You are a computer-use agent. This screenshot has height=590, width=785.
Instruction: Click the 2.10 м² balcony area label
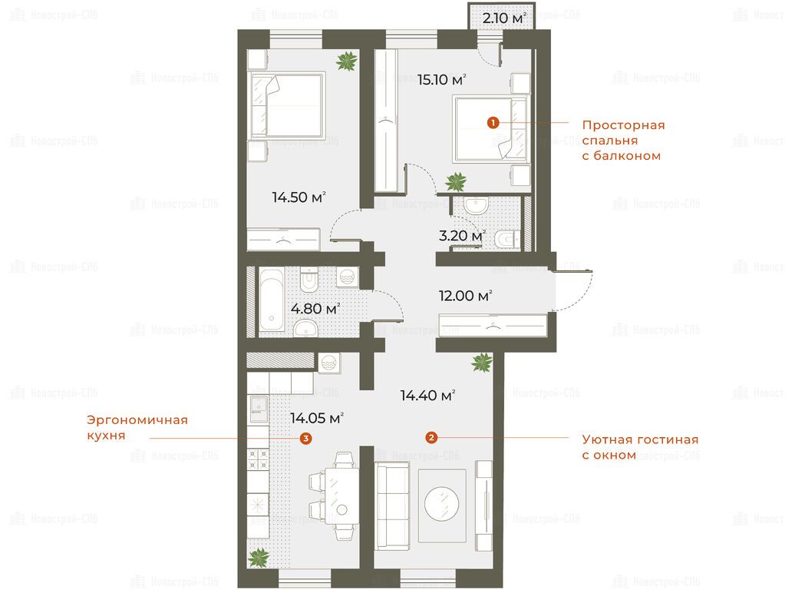point(504,18)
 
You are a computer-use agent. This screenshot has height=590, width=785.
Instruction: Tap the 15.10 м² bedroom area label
point(442,80)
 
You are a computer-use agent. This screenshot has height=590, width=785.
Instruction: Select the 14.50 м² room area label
point(298,197)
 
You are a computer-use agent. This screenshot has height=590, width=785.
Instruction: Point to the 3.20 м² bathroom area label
point(462,236)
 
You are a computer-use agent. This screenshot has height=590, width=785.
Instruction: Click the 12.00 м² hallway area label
point(465,296)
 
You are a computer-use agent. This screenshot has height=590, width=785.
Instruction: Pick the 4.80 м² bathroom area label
point(315,308)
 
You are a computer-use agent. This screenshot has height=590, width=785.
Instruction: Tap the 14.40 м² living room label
point(427,396)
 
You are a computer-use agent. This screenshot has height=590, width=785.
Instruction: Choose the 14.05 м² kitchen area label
point(317,418)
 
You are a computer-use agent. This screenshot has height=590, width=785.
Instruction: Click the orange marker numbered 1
point(493,122)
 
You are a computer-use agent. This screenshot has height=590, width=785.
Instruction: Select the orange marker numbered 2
point(431,438)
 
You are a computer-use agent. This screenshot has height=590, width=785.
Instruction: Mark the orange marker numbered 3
point(305,439)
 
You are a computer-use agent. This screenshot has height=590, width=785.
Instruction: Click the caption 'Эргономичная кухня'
point(137,427)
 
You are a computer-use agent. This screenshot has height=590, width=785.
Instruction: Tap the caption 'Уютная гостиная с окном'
point(640,447)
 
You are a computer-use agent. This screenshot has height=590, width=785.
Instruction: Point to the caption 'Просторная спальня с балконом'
point(623,141)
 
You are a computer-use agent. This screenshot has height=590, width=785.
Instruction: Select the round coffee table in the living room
point(441,503)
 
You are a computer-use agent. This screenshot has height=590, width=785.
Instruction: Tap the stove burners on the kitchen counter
point(259,459)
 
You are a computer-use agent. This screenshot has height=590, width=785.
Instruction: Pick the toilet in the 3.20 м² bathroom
point(508,239)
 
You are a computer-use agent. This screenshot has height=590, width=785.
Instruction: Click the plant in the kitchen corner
point(259,557)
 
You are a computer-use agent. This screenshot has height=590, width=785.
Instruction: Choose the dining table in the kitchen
point(342,496)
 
